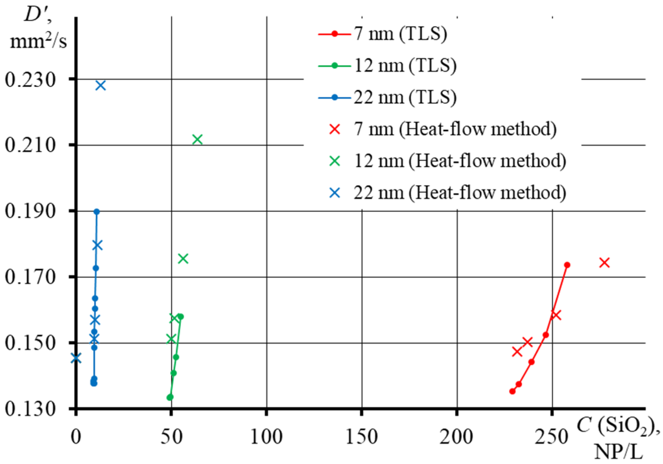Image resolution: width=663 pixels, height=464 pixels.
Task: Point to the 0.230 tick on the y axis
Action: click(30, 80)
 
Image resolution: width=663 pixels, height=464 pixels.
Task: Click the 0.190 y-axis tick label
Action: click(30, 212)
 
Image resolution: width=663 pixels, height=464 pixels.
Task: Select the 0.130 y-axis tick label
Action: click(30, 409)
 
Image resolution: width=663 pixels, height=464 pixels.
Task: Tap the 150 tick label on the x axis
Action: click(362, 437)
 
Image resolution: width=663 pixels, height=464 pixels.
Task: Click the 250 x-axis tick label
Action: click(552, 437)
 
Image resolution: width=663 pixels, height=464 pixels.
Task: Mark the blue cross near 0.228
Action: click(100, 85)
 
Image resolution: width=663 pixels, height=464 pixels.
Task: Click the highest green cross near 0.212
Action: click(198, 140)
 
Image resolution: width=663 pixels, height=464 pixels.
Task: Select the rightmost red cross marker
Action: click(604, 263)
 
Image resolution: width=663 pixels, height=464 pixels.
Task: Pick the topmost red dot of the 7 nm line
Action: click(567, 265)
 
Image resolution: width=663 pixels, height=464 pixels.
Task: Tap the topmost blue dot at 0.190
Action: click(97, 212)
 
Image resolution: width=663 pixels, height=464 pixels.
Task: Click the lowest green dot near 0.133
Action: click(170, 397)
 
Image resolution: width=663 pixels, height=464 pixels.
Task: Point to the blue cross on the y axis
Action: click(76, 358)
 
